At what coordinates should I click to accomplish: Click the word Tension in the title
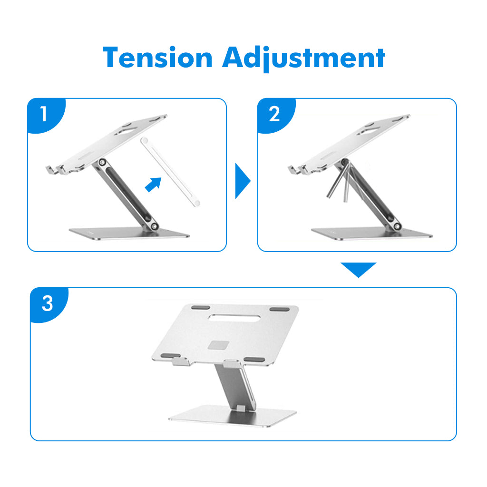click(157, 58)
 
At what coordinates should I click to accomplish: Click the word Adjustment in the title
click(303, 59)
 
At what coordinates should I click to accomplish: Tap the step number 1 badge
click(44, 114)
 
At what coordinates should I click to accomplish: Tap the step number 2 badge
click(274, 114)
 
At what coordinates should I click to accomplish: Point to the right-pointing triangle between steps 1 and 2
click(242, 180)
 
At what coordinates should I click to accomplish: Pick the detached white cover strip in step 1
click(170, 171)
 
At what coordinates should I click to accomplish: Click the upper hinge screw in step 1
click(102, 162)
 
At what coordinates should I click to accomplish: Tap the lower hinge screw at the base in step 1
click(154, 226)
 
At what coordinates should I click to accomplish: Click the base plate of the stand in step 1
click(129, 234)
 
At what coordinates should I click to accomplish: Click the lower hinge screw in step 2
click(397, 226)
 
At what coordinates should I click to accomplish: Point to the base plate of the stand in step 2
click(371, 234)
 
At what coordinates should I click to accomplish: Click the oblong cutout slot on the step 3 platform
click(234, 317)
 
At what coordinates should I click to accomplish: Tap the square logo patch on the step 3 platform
click(219, 345)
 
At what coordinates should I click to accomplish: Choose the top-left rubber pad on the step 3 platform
click(201, 308)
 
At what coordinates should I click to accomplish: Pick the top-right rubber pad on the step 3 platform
click(280, 309)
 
